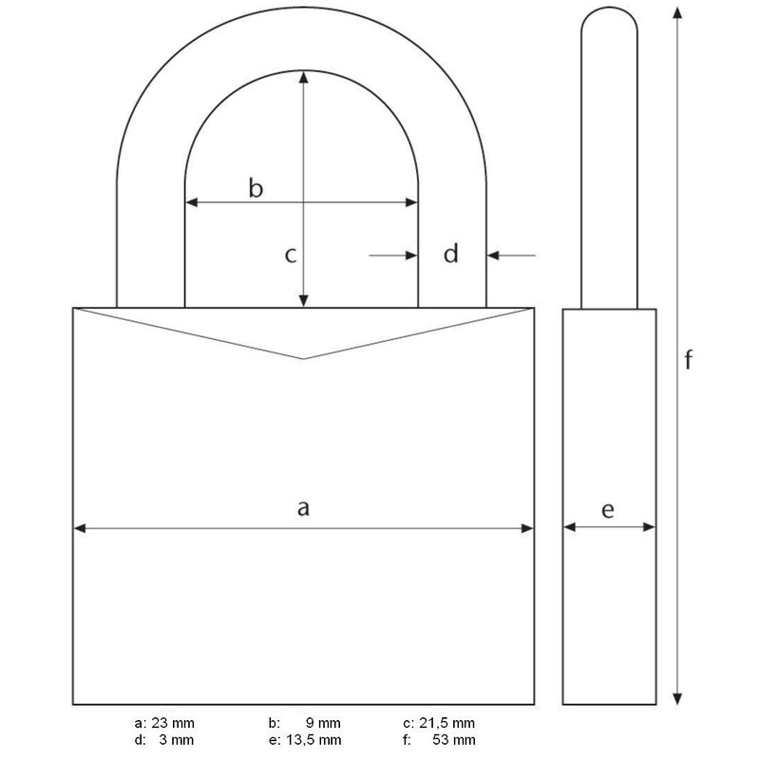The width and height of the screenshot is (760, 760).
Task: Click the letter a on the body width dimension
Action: tap(303, 509)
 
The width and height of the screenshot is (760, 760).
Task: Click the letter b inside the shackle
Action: tap(255, 188)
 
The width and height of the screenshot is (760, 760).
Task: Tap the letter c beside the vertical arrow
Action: tap(292, 255)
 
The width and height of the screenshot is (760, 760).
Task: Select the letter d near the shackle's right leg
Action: tap(451, 254)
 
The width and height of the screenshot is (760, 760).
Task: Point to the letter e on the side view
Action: tap(608, 510)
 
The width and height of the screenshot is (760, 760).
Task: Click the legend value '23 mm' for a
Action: tap(173, 723)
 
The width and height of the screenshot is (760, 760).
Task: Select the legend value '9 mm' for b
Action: tap(323, 723)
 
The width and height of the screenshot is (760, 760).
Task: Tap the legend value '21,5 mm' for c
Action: tap(452, 723)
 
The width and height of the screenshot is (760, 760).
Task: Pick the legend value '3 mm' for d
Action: tap(177, 739)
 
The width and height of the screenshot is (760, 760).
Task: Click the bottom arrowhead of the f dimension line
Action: tap(676, 700)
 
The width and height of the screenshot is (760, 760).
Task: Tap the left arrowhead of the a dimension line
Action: tap(80, 529)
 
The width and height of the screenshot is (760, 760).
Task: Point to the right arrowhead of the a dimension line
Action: tap(527, 529)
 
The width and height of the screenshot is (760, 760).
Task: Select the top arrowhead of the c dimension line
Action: tap(303, 77)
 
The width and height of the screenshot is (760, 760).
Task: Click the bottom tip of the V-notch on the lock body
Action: tap(303, 359)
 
